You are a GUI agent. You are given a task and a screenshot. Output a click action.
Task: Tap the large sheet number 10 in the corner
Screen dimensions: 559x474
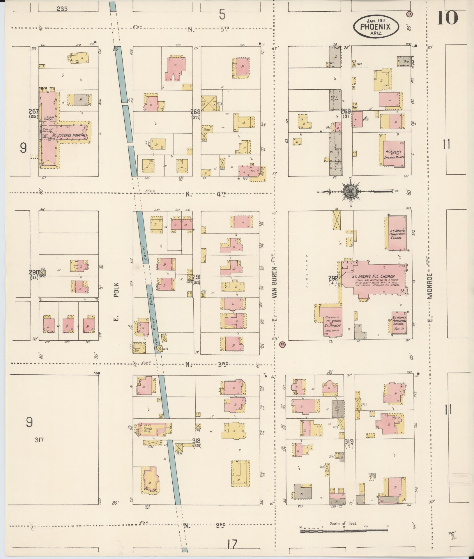[447, 18]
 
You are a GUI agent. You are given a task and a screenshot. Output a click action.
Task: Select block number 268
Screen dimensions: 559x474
[195, 112]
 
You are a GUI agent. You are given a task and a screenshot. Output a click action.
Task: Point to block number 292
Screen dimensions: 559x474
[333, 278]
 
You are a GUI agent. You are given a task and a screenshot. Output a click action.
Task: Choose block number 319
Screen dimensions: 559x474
[349, 441]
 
